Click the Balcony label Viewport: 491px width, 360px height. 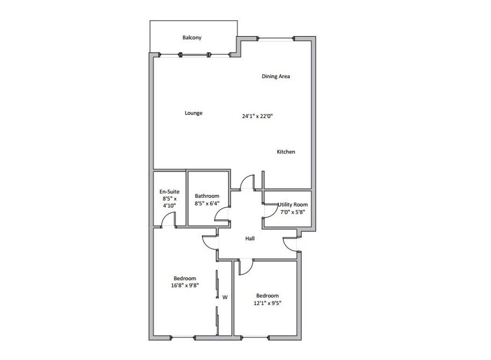pos(192,37)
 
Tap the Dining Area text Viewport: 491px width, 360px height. pos(275,76)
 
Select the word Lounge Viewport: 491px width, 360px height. pos(193,113)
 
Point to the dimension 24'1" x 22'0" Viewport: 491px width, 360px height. pos(257,116)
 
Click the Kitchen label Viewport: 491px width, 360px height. pos(286,152)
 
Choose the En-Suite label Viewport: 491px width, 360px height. pos(170,191)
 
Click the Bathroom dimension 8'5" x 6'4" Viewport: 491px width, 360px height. pos(207,203)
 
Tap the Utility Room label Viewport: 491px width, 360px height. pos(293,204)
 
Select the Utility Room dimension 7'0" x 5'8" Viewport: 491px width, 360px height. pos(292,212)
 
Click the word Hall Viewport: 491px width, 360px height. pos(250,239)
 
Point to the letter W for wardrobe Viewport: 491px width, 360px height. pos(225,297)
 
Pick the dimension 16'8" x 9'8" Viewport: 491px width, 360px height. pos(185,285)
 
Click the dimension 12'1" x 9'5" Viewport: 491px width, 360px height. pos(268,303)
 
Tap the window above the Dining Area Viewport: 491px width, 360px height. pos(276,38)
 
